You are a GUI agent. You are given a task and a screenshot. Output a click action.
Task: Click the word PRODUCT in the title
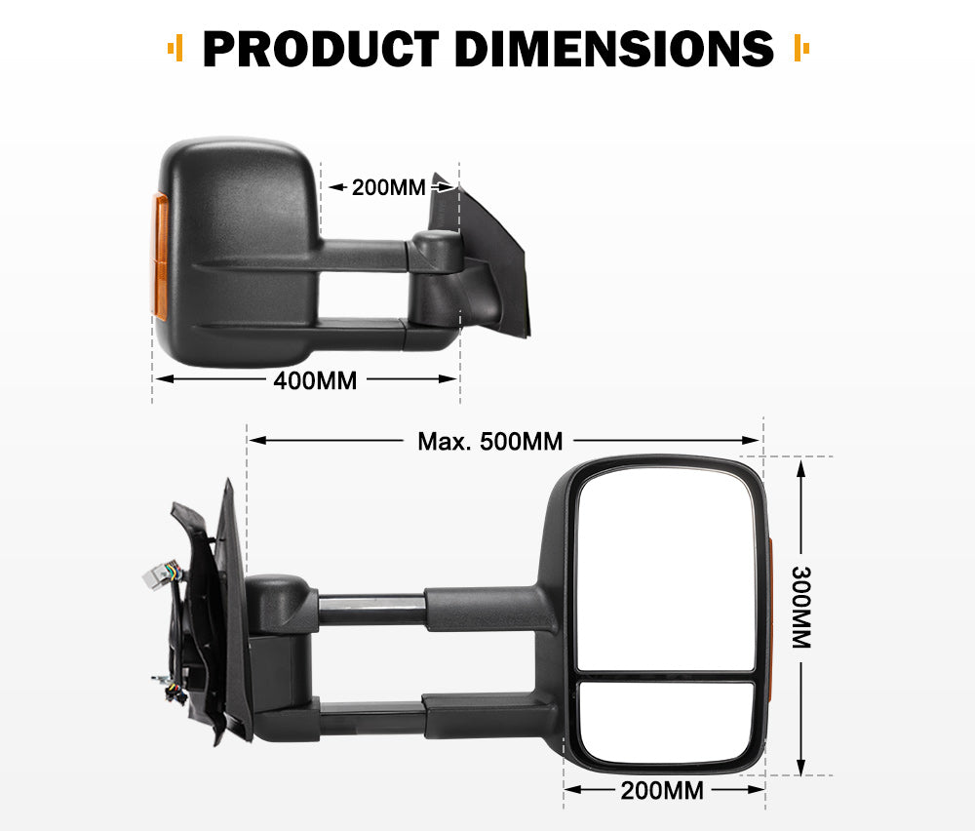[321, 49]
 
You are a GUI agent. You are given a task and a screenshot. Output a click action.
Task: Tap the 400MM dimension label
[315, 380]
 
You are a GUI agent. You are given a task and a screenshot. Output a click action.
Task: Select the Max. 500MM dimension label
[490, 442]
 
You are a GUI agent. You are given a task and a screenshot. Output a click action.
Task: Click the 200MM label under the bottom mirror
[662, 791]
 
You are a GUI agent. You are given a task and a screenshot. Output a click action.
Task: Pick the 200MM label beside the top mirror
[389, 187]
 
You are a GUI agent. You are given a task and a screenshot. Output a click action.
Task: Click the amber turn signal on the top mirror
[160, 254]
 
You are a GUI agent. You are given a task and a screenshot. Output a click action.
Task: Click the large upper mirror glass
[666, 571]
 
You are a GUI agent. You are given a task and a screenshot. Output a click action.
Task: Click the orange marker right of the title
[801, 47]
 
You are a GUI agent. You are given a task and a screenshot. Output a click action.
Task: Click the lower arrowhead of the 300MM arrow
[800, 767]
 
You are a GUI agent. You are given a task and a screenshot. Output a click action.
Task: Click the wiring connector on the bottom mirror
[157, 576]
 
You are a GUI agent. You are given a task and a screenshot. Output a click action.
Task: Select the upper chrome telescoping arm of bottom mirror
[370, 606]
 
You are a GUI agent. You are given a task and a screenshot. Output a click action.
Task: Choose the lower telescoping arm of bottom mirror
[370, 720]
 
